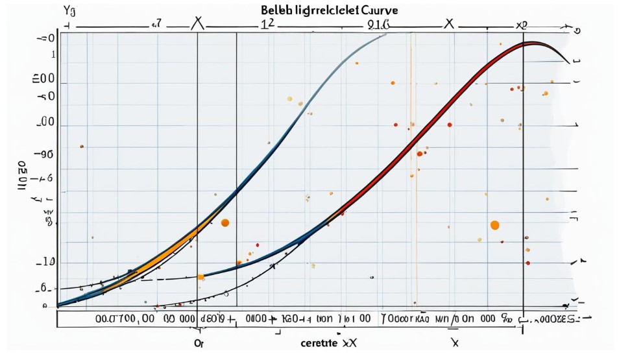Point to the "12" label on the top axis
click(x=267, y=23)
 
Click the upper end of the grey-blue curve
click(x=385, y=34)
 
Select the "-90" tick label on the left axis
click(x=45, y=155)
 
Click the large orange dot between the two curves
click(x=225, y=222)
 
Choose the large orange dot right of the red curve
click(x=494, y=225)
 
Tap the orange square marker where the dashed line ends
click(x=200, y=277)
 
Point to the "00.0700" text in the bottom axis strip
click(x=113, y=318)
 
